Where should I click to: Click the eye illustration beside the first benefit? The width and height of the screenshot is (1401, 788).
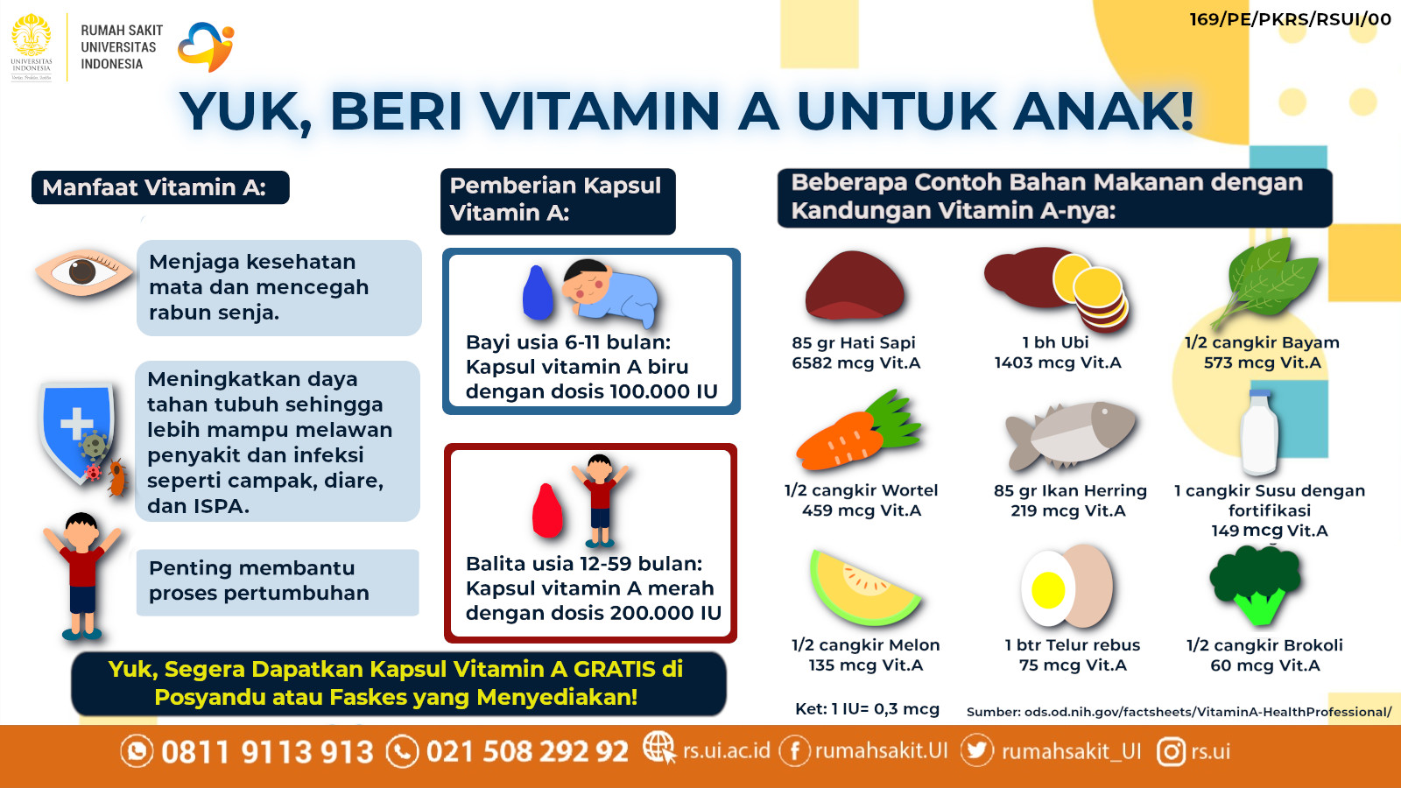pyautogui.click(x=84, y=272)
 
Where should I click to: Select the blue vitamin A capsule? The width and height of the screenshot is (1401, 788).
pyautogui.click(x=538, y=292)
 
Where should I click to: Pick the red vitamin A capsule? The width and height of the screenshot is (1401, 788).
pyautogui.click(x=547, y=510)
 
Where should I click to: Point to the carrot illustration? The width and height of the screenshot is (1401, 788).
pyautogui.click(x=858, y=432)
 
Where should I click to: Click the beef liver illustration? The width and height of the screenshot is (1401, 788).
pyautogui.click(x=855, y=285)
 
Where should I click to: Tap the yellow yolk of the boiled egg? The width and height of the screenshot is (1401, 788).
pyautogui.click(x=1047, y=590)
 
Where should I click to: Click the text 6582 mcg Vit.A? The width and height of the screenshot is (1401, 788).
pyautogui.click(x=855, y=362)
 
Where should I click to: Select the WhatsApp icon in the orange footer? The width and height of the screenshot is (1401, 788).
pyautogui.click(x=137, y=751)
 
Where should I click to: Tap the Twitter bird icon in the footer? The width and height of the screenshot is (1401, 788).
pyautogui.click(x=976, y=749)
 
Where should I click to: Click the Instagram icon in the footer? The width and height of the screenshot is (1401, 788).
pyautogui.click(x=1171, y=751)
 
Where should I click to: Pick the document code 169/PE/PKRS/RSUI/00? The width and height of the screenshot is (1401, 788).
pyautogui.click(x=1290, y=19)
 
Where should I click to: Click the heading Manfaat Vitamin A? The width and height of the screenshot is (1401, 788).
pyautogui.click(x=154, y=187)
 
